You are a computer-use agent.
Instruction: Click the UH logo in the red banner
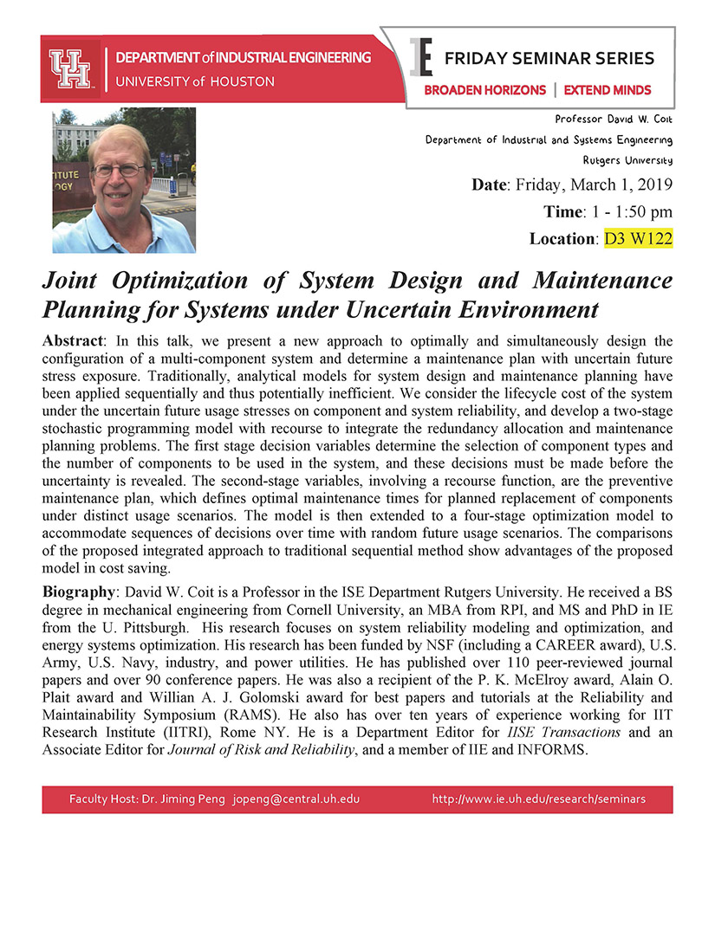tap(70, 68)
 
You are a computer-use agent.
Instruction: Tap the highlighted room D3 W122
tap(638, 237)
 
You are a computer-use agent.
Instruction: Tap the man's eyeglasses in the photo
tap(120, 170)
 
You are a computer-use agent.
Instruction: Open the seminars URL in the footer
tap(539, 799)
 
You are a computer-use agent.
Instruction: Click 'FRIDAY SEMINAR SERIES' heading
tap(549, 59)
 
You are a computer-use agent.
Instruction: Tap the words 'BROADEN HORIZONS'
tap(484, 90)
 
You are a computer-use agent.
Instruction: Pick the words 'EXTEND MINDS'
tap(607, 90)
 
